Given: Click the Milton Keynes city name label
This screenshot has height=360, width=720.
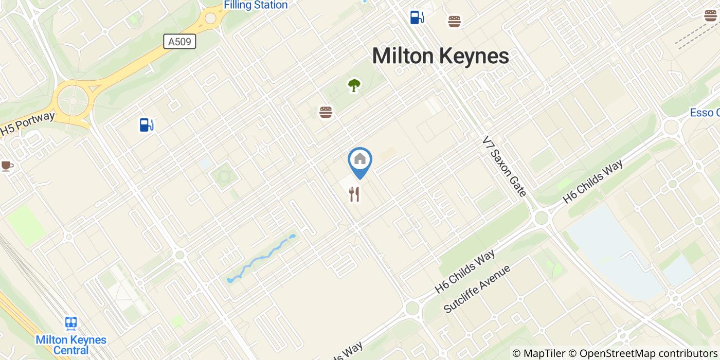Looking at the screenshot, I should pos(440,56).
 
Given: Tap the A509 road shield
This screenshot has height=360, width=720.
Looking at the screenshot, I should pos(179,41).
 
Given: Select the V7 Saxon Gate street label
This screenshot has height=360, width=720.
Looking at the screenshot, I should pos(504,166).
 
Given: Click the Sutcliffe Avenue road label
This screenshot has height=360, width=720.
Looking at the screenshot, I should pos(477,289).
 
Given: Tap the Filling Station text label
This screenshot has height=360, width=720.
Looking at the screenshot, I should pos(256,5).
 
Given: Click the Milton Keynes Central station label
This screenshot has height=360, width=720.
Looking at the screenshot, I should pos(71,345).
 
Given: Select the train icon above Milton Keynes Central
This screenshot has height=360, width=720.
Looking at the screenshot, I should pos(71,323).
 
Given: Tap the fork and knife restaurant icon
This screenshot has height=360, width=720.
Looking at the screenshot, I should pos(354,194).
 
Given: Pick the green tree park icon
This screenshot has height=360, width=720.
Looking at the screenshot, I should pos(354,85).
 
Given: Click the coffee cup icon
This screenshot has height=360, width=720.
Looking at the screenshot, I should pos(6,166).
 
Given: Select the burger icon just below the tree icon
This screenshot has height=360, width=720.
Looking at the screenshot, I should pos(326,112).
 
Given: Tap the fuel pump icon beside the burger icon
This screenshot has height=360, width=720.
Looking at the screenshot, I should pos(417,17).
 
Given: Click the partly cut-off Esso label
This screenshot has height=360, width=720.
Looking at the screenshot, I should pos(705,113).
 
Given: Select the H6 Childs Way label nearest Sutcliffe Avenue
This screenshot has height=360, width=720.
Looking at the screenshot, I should pos(464,272).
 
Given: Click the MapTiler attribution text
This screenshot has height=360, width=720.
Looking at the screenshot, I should pos(538,353).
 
